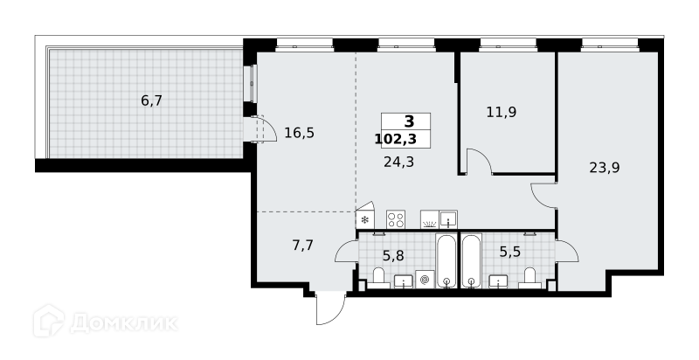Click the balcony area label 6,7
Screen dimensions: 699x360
[x=151, y=101]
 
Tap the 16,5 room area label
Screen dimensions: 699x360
[x=300, y=133]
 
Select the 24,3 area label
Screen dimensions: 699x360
[x=399, y=162]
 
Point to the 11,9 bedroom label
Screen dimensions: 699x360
[x=502, y=112]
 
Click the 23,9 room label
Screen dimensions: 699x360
[x=605, y=168]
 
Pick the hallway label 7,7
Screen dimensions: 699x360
[x=303, y=245]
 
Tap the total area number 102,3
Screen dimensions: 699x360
[x=396, y=140]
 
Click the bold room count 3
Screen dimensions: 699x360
[x=409, y=121]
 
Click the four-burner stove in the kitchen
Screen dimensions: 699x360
[x=396, y=219]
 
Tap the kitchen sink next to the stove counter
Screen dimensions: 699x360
[x=448, y=219]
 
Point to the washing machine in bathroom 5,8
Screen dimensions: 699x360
[x=425, y=280]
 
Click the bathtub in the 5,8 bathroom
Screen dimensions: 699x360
[x=446, y=261]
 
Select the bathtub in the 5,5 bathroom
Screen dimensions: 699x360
[x=472, y=261]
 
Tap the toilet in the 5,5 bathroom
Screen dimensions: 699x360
[x=530, y=278]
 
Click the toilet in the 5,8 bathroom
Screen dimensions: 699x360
[x=378, y=278]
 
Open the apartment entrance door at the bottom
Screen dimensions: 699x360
[x=331, y=308]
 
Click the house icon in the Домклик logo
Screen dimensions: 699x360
[x=49, y=321]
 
